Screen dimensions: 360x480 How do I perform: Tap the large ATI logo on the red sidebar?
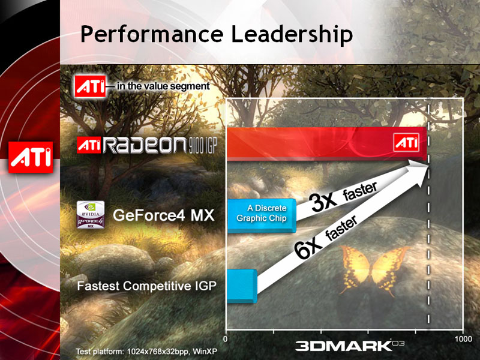point(31,157)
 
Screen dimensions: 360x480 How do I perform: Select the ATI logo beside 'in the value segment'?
point(89,86)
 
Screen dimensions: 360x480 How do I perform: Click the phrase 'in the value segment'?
point(163,86)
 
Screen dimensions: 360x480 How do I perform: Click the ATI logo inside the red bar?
point(406,143)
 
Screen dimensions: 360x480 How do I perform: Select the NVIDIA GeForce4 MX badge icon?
point(89,214)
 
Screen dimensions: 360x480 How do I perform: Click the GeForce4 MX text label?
point(164,215)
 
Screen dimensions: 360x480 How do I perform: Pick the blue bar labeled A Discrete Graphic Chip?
point(260,215)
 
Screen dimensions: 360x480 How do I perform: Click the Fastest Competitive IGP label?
point(146,286)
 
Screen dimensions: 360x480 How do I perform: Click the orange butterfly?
point(368,267)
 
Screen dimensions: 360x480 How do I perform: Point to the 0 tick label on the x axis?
point(225,340)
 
